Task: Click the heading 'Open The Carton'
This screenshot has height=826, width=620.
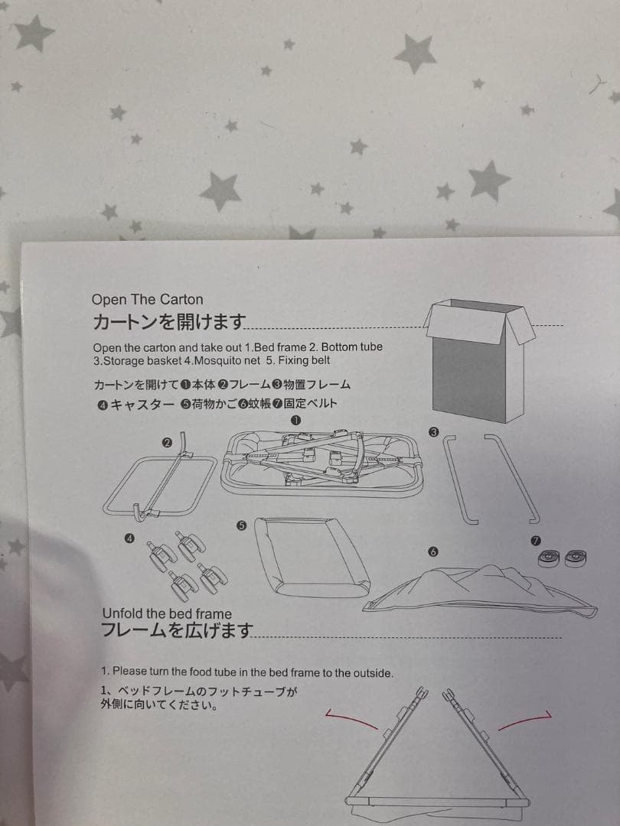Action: (147, 300)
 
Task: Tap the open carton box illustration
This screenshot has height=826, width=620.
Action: (479, 360)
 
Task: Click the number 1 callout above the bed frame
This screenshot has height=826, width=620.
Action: (295, 420)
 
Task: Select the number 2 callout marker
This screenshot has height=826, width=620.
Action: (167, 443)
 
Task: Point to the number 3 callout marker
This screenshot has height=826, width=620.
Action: (434, 432)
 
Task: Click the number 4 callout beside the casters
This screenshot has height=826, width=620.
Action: (129, 538)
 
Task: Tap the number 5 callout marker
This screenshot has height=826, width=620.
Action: (241, 525)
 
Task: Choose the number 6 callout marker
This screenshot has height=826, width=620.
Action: (433, 551)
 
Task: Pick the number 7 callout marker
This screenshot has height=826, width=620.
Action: (536, 541)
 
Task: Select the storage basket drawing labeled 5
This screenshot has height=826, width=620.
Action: (312, 557)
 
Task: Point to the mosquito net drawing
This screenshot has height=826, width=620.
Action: (480, 590)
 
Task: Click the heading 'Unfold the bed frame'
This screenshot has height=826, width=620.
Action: (167, 613)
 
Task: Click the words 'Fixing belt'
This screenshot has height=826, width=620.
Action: (304, 361)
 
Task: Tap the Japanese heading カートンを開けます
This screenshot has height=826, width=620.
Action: (169, 320)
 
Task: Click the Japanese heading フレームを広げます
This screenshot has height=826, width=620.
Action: (177, 630)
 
